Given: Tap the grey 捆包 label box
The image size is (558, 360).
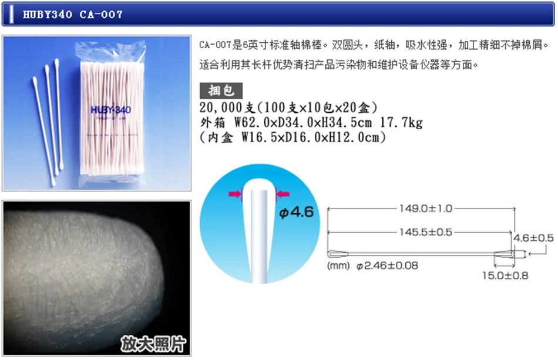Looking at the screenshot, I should tap(221, 90).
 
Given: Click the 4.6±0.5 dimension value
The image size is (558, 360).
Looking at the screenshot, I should tap(533, 238).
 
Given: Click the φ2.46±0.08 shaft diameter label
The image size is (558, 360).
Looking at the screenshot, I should tap(387, 265).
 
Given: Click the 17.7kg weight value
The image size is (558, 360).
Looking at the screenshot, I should tap(405, 123).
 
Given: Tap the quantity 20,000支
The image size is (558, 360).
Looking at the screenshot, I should tap(226, 108).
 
